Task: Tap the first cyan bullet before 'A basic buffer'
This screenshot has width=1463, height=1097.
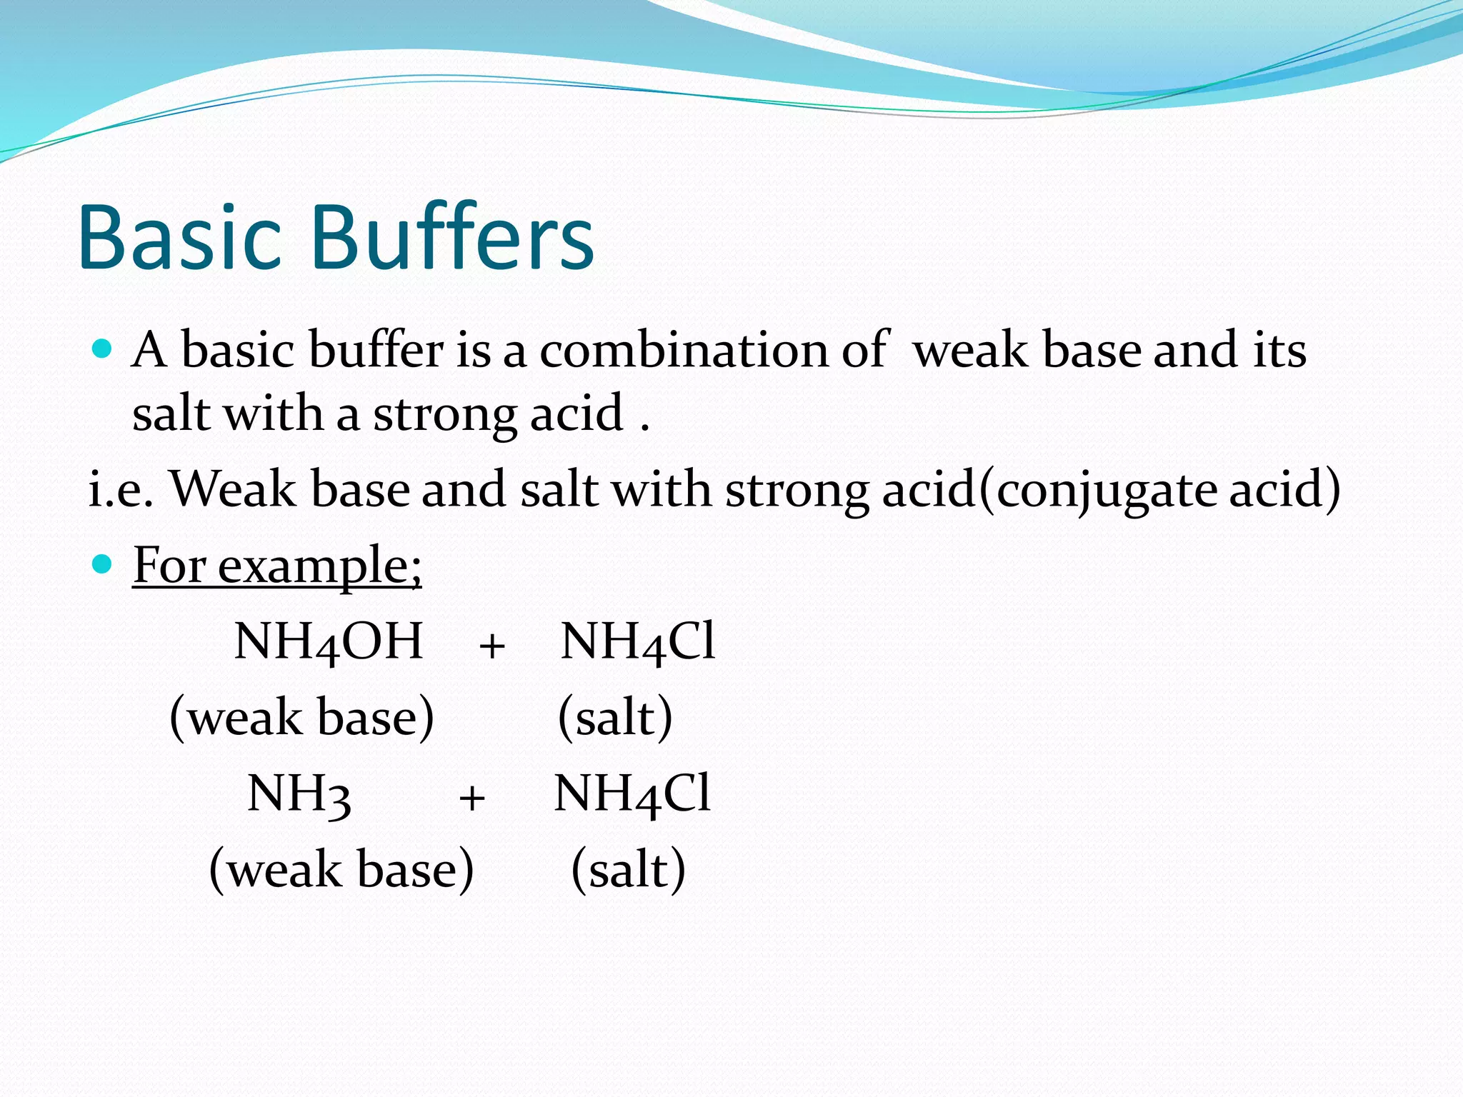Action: pos(103,349)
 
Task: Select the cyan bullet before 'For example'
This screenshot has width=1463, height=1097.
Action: pos(103,564)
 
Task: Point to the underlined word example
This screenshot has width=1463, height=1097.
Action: pos(320,566)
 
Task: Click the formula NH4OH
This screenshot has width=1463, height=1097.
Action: pos(329,641)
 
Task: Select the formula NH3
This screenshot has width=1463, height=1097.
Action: pos(299,794)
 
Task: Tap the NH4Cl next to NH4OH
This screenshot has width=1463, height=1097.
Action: pos(637,641)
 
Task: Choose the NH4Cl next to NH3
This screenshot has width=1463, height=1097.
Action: pos(632,794)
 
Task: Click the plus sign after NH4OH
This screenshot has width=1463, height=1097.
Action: pos(492,646)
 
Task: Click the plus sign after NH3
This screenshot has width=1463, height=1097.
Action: pos(472,798)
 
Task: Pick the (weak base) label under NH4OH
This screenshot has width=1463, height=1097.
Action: pos(301,717)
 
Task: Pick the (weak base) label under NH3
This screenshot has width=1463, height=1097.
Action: pos(341,869)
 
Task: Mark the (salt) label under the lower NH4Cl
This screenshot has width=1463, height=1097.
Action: pos(628,869)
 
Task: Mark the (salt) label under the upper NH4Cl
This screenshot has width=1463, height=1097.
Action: pos(614,717)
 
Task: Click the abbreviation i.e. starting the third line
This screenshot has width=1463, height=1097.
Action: pos(120,490)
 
